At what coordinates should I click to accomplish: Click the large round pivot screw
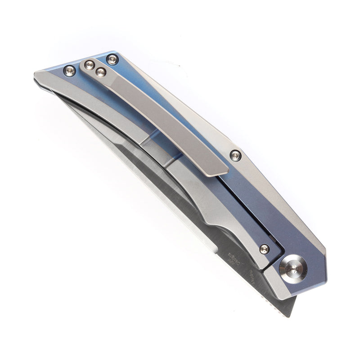point(293,269)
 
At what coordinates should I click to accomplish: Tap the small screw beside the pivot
point(264,249)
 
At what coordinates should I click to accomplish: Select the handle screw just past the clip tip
point(235,156)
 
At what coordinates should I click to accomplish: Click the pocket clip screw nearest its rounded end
point(90,65)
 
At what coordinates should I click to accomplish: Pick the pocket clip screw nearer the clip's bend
point(101,72)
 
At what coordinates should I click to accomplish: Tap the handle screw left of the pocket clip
point(70,70)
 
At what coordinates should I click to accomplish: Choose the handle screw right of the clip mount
point(112,59)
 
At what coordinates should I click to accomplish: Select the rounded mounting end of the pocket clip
point(88,65)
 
